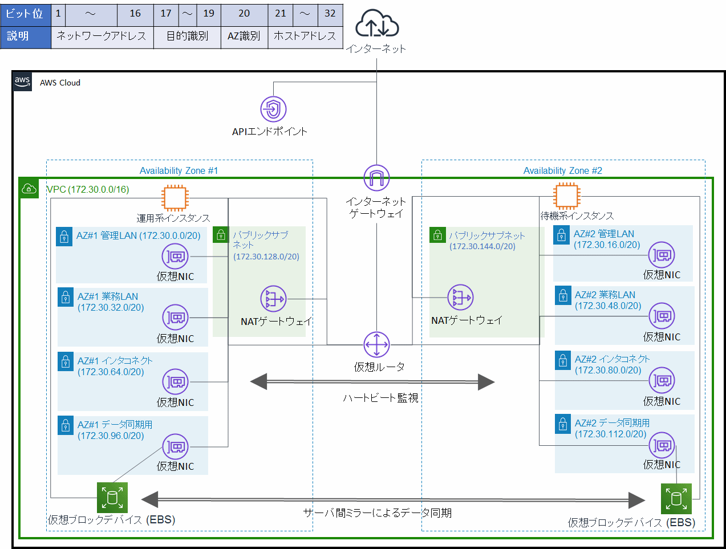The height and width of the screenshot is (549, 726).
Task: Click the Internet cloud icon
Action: pyautogui.click(x=377, y=24)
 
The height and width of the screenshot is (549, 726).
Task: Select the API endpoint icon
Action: pyautogui.click(x=273, y=109)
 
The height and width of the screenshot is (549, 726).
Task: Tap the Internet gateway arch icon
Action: pyautogui.click(x=376, y=178)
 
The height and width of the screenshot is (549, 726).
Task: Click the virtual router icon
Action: pyautogui.click(x=376, y=344)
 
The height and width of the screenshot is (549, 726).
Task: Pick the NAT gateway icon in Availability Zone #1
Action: pyautogui.click(x=273, y=298)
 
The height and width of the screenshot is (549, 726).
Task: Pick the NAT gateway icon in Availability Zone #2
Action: pyautogui.click(x=460, y=297)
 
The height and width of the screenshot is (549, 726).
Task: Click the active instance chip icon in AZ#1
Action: pyautogui.click(x=174, y=198)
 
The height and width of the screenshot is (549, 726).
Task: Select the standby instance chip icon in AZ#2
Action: pyautogui.click(x=566, y=196)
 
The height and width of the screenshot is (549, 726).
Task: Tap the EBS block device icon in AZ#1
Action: pyautogui.click(x=112, y=498)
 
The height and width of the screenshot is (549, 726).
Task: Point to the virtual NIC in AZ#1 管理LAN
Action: pyautogui.click(x=175, y=257)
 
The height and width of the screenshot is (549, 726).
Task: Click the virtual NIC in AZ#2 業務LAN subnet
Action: pyautogui.click(x=662, y=315)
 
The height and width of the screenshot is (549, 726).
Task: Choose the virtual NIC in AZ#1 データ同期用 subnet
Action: pyautogui.click(x=175, y=446)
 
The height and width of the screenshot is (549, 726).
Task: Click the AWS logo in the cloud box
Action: pyautogui.click(x=22, y=82)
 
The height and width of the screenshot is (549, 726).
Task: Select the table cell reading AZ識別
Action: pyautogui.click(x=244, y=36)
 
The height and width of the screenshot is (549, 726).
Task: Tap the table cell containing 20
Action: pyautogui.click(x=244, y=13)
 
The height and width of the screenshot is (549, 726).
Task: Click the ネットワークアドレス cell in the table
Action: pyautogui.click(x=102, y=36)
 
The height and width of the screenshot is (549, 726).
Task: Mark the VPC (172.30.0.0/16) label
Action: pyautogui.click(x=88, y=189)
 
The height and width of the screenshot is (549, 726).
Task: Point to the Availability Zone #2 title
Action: pyautogui.click(x=562, y=170)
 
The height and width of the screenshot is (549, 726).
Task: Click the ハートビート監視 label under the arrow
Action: pyautogui.click(x=380, y=398)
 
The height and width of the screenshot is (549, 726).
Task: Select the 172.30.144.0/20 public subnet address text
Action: pyautogui.click(x=482, y=246)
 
